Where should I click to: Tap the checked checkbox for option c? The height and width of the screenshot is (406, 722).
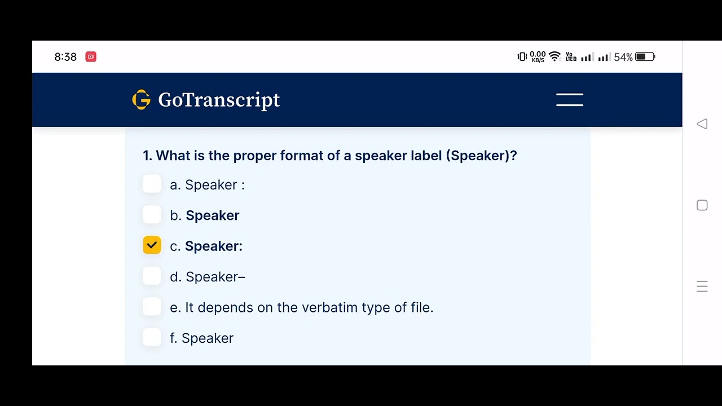coord(152,245)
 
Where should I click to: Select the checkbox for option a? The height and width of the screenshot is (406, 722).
coord(152,184)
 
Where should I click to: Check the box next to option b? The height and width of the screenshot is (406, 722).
coord(152,215)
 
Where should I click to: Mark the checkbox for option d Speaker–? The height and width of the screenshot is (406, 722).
coord(152,276)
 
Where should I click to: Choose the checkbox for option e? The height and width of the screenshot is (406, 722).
coord(152,307)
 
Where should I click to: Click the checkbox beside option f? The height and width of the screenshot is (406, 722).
coord(152,337)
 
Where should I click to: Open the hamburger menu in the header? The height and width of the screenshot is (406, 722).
coord(570,100)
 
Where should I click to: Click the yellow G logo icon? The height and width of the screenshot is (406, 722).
coord(141,100)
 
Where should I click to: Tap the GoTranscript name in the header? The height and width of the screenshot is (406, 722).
coord(219,100)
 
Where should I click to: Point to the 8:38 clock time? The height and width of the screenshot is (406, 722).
coord(65,57)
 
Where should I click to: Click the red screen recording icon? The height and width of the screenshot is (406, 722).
coord(91,57)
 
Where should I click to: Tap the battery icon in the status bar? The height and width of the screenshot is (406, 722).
coord(645,57)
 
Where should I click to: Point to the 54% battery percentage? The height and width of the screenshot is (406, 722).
coord(623,57)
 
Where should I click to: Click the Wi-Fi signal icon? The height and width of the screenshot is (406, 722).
coord(554,56)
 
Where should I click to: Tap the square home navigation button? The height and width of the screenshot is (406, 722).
coord(702,205)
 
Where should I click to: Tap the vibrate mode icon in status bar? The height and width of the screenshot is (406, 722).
coord(522,56)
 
